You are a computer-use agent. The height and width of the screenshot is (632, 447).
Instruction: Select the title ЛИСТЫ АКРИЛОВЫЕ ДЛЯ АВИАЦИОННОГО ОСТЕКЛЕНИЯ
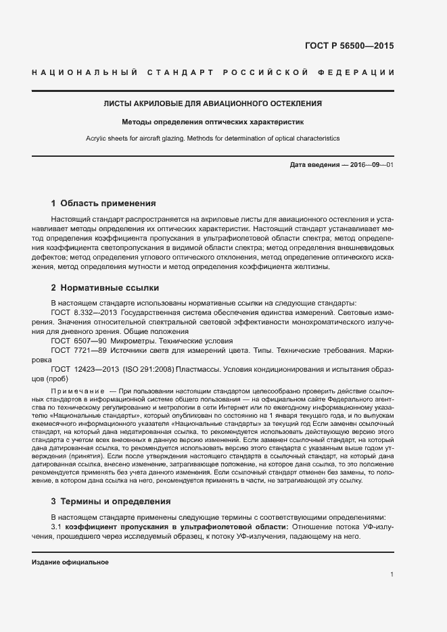point(212,104)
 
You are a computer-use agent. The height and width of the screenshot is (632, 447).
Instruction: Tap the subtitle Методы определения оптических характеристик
point(212,123)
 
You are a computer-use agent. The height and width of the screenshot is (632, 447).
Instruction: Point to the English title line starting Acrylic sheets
point(212,139)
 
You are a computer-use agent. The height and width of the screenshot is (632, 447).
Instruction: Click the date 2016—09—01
point(371,166)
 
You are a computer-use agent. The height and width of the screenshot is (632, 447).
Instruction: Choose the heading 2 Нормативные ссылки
point(105,287)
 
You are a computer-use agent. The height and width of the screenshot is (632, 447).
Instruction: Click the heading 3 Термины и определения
point(112,502)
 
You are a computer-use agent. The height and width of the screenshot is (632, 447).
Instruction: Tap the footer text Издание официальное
point(70,562)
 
